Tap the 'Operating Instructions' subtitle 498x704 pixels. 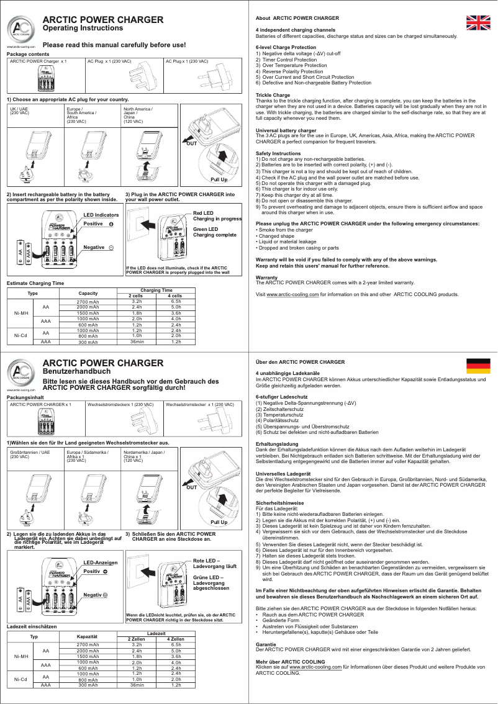point(83,29)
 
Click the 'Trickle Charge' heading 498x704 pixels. point(273,95)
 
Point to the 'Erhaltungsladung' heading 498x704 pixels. point(277,444)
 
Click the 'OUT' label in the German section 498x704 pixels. point(192,487)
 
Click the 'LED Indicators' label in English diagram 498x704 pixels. point(101,232)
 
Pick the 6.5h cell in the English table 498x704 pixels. point(176,301)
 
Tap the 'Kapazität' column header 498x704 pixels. point(88,638)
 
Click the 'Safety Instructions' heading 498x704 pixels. point(278,153)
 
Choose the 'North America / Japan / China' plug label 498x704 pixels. point(138,113)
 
